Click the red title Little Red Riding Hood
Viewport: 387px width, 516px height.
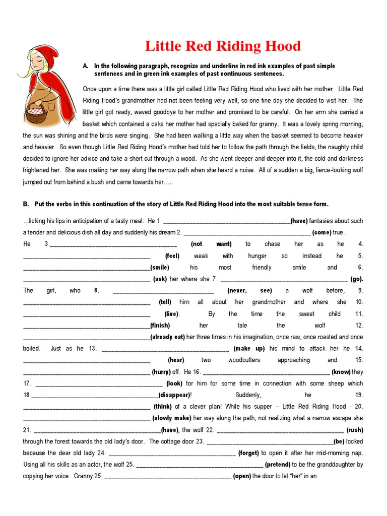(223, 46)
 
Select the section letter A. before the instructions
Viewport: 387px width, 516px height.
(86, 66)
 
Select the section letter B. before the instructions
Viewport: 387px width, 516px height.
(26, 204)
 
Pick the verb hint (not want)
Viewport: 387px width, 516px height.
(211, 244)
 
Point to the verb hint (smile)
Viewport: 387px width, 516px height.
(160, 267)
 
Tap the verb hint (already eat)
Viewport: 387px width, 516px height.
(168, 337)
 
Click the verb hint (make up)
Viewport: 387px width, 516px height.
(249, 348)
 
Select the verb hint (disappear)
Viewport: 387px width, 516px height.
(175, 395)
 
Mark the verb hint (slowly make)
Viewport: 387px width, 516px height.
(172, 418)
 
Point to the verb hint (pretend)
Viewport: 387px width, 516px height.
(277, 464)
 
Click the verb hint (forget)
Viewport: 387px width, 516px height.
(248, 453)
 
